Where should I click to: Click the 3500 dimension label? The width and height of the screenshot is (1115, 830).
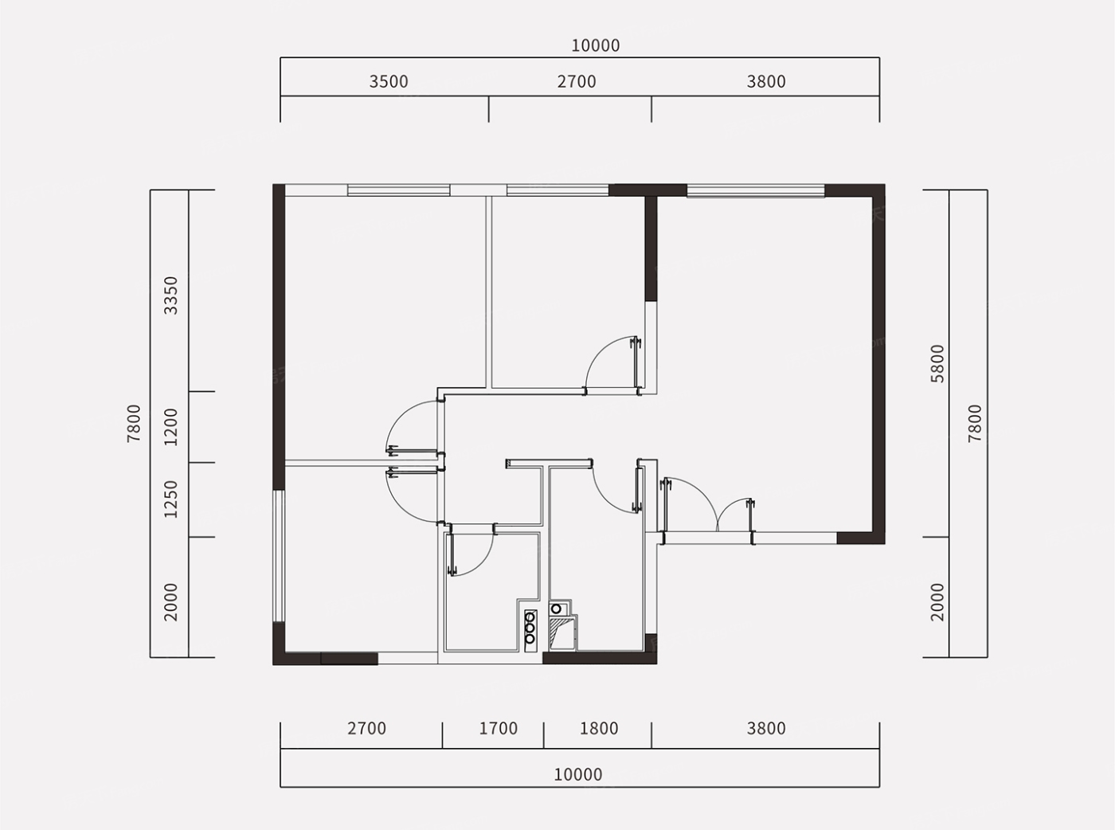point(389,81)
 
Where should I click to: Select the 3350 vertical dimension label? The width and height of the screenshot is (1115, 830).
point(171,296)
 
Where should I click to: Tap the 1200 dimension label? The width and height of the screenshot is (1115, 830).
point(171,427)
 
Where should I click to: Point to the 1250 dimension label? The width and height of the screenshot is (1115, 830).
point(171,499)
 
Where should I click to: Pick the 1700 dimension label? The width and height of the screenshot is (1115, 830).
point(498,729)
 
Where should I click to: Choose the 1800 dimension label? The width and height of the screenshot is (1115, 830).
point(599,729)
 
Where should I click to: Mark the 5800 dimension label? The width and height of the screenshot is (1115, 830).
point(937,363)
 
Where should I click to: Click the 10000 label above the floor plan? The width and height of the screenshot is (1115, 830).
point(595,45)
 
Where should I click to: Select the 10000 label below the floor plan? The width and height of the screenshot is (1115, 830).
point(577,775)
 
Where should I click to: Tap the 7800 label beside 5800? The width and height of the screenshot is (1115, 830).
point(975,423)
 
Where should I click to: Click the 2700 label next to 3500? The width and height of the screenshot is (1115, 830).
point(576,81)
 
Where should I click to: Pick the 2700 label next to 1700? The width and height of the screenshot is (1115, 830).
point(366,729)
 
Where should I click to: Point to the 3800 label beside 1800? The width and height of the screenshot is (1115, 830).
point(765,729)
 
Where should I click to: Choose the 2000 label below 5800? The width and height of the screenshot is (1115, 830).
point(937,602)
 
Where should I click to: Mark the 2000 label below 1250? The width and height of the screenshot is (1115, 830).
point(171,602)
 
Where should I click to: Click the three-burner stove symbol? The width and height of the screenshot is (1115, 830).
point(530,630)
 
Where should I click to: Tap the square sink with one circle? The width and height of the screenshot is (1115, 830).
point(556,609)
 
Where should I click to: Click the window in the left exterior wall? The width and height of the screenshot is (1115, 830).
point(279,556)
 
